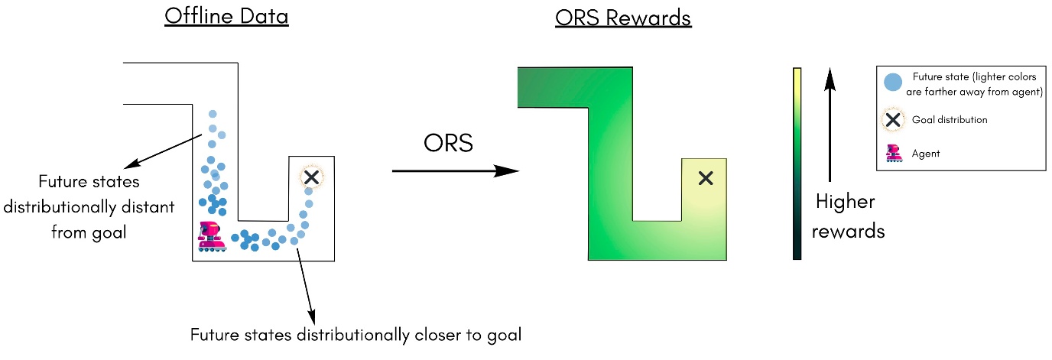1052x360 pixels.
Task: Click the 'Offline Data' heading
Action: coord(226,16)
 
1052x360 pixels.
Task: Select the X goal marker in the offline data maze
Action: coord(311,177)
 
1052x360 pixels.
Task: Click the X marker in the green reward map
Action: coord(706,178)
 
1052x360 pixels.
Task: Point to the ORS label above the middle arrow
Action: coord(448,144)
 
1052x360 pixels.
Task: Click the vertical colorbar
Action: coord(797,164)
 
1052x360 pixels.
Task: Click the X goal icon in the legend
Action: coord(891,119)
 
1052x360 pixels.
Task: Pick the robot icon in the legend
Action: coord(891,153)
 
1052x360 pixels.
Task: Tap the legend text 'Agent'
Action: coord(926,154)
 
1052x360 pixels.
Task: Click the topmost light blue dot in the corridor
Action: coord(213,115)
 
